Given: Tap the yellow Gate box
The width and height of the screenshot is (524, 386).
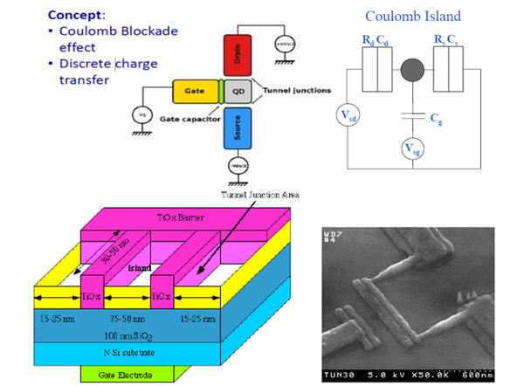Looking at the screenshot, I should click(x=197, y=91).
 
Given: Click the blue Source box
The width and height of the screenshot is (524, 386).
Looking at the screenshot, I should click(x=238, y=130).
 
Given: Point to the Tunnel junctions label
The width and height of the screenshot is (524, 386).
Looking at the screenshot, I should click(x=287, y=90).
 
